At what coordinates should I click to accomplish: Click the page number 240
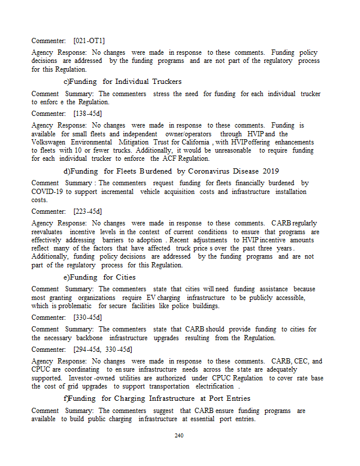point(179,435)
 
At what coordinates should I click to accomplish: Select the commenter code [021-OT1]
point(89,41)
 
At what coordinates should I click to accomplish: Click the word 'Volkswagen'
point(50,142)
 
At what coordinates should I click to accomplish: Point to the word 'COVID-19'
point(47,192)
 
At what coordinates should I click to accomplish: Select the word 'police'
point(173,306)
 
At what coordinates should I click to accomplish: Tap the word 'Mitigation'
point(136,142)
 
